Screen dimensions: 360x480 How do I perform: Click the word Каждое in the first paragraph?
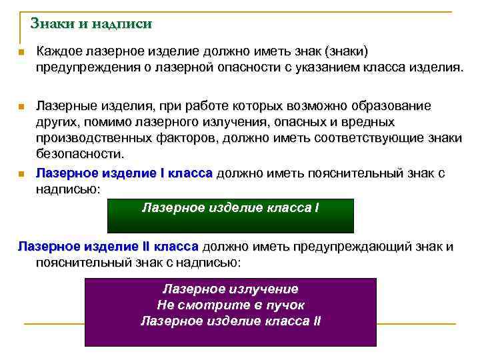[x=60, y=51]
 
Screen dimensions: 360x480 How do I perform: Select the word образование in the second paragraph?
[x=393, y=106]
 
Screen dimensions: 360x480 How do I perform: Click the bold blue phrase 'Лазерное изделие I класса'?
[x=124, y=173]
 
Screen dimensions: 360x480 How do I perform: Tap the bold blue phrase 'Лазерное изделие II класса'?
[x=108, y=247]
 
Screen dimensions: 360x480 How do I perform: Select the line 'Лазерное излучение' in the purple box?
[x=231, y=289]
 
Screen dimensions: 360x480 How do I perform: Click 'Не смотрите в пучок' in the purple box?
[x=231, y=305]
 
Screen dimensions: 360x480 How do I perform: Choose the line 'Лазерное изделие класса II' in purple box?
[x=231, y=321]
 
